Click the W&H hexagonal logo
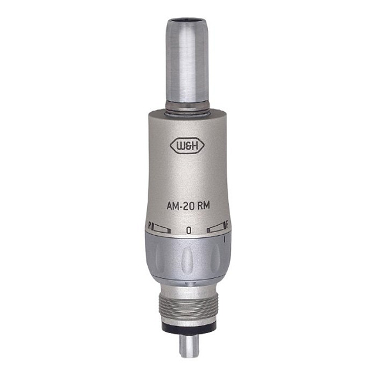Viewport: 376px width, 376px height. pos(187,145)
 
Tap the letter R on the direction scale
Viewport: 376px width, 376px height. pos(150,226)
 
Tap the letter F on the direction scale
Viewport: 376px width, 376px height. pos(227,225)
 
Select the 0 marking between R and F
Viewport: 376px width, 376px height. pos(189,230)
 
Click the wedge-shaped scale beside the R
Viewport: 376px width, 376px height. pos(161,229)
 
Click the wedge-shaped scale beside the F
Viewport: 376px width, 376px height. pos(216,228)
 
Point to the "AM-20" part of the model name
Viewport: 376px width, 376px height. pos(180,206)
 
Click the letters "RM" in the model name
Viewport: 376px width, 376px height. pos(203,205)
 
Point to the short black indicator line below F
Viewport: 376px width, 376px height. pos(224,239)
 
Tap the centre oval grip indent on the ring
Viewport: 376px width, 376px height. pos(187,258)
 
